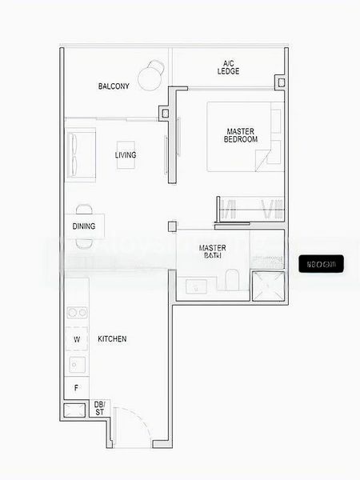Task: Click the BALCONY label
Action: (x=114, y=86)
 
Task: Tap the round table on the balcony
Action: (x=150, y=78)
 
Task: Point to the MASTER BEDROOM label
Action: (x=242, y=135)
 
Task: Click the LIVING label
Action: (x=125, y=155)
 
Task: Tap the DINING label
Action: (x=84, y=226)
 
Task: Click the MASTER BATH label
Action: (x=212, y=252)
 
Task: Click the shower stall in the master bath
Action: (x=268, y=286)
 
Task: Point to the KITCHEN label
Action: (x=112, y=339)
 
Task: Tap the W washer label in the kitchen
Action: (x=77, y=339)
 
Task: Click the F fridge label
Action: (x=76, y=390)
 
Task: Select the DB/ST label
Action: (x=100, y=408)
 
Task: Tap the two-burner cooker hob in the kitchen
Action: (x=77, y=314)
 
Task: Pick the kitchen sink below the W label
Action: (x=77, y=364)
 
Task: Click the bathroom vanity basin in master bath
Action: (x=196, y=286)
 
